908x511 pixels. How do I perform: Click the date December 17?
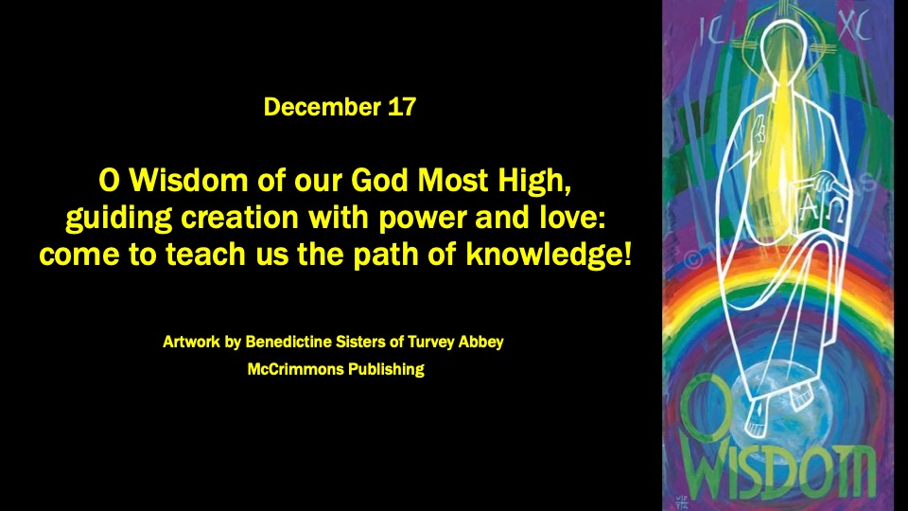click(x=340, y=107)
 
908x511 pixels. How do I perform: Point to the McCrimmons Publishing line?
click(x=334, y=369)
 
